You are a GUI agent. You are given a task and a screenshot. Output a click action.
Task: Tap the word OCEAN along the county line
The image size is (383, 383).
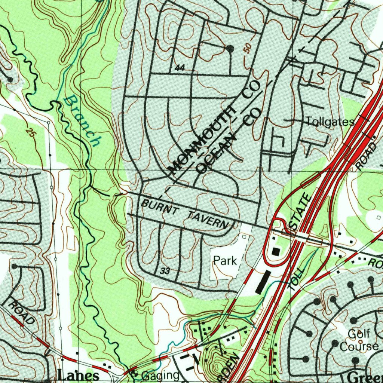217,154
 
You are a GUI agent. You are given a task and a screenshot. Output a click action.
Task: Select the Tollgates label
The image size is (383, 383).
330,122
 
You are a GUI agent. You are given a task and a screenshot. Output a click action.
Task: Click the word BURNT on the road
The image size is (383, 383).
159,208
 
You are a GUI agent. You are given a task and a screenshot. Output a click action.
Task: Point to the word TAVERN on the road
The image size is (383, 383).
208,220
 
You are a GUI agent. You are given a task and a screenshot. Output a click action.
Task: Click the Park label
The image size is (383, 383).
225,260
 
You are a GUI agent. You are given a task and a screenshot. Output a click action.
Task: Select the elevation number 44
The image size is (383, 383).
180,68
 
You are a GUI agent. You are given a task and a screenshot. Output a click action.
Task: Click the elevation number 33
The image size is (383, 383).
165,271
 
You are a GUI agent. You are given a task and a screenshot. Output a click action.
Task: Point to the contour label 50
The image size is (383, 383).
247,48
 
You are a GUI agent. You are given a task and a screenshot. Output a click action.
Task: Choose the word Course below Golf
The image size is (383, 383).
358,346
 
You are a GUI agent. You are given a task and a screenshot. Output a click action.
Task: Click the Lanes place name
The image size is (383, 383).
79,376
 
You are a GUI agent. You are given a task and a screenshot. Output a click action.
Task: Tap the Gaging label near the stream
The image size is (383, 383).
160,376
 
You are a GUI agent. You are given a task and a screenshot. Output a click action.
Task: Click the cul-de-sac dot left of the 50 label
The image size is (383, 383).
230,49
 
